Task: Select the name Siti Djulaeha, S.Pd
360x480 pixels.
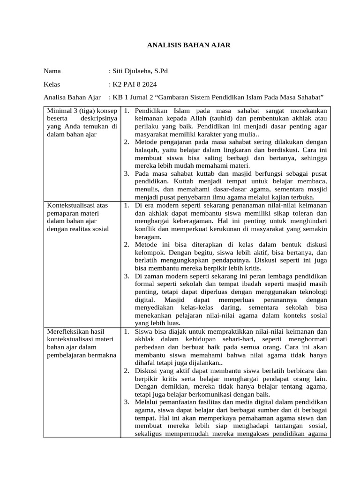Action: pyautogui.click(x=139, y=71)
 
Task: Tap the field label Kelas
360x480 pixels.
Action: pyautogui.click(x=52, y=84)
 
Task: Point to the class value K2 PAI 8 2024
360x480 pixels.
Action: pyautogui.click(x=134, y=84)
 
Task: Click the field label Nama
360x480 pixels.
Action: pyautogui.click(x=52, y=71)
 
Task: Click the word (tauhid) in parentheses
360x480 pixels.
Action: pyautogui.click(x=219, y=119)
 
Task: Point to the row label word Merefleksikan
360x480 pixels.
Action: pyautogui.click(x=67, y=331)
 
